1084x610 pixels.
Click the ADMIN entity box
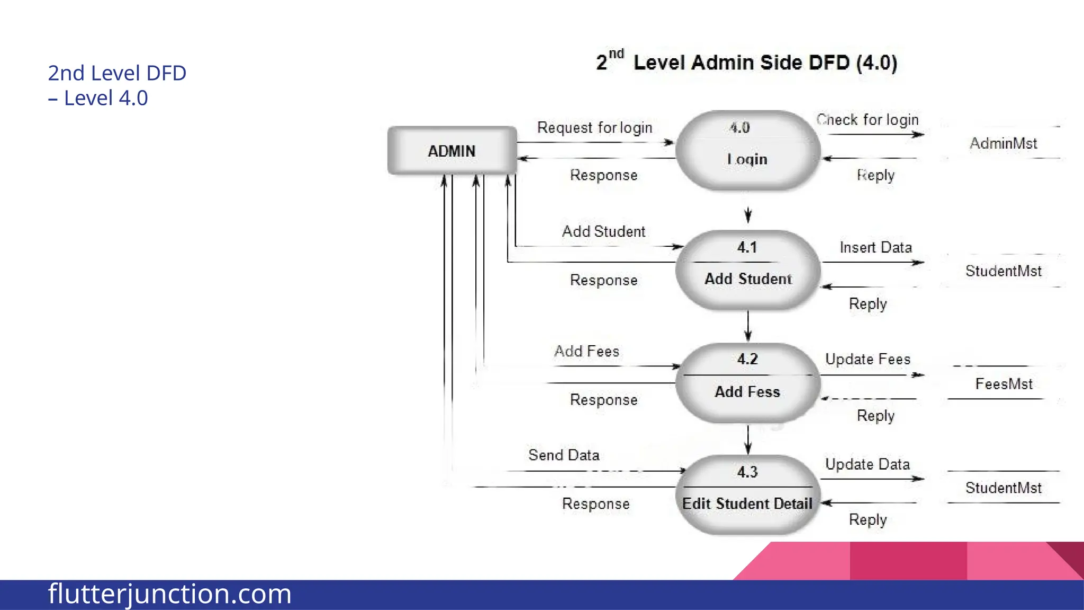click(452, 151)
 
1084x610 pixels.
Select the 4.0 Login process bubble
click(747, 150)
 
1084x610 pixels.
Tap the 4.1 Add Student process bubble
click(747, 270)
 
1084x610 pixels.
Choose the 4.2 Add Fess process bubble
click(747, 383)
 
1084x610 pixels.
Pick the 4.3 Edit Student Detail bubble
click(747, 495)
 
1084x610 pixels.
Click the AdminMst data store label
click(1003, 143)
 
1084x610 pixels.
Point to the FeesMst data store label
click(1004, 384)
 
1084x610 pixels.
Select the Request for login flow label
click(594, 128)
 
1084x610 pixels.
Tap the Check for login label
click(868, 120)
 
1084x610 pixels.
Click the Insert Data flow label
click(875, 247)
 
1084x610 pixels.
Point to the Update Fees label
click(868, 359)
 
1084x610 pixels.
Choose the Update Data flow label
click(867, 464)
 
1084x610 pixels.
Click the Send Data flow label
click(564, 455)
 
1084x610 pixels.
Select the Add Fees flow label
click(586, 351)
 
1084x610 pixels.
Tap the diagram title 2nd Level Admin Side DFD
click(746, 62)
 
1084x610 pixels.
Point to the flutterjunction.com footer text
click(169, 594)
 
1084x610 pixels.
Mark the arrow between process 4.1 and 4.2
click(748, 326)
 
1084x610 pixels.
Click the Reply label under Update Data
click(868, 519)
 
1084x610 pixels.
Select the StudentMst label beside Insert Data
click(1003, 271)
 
